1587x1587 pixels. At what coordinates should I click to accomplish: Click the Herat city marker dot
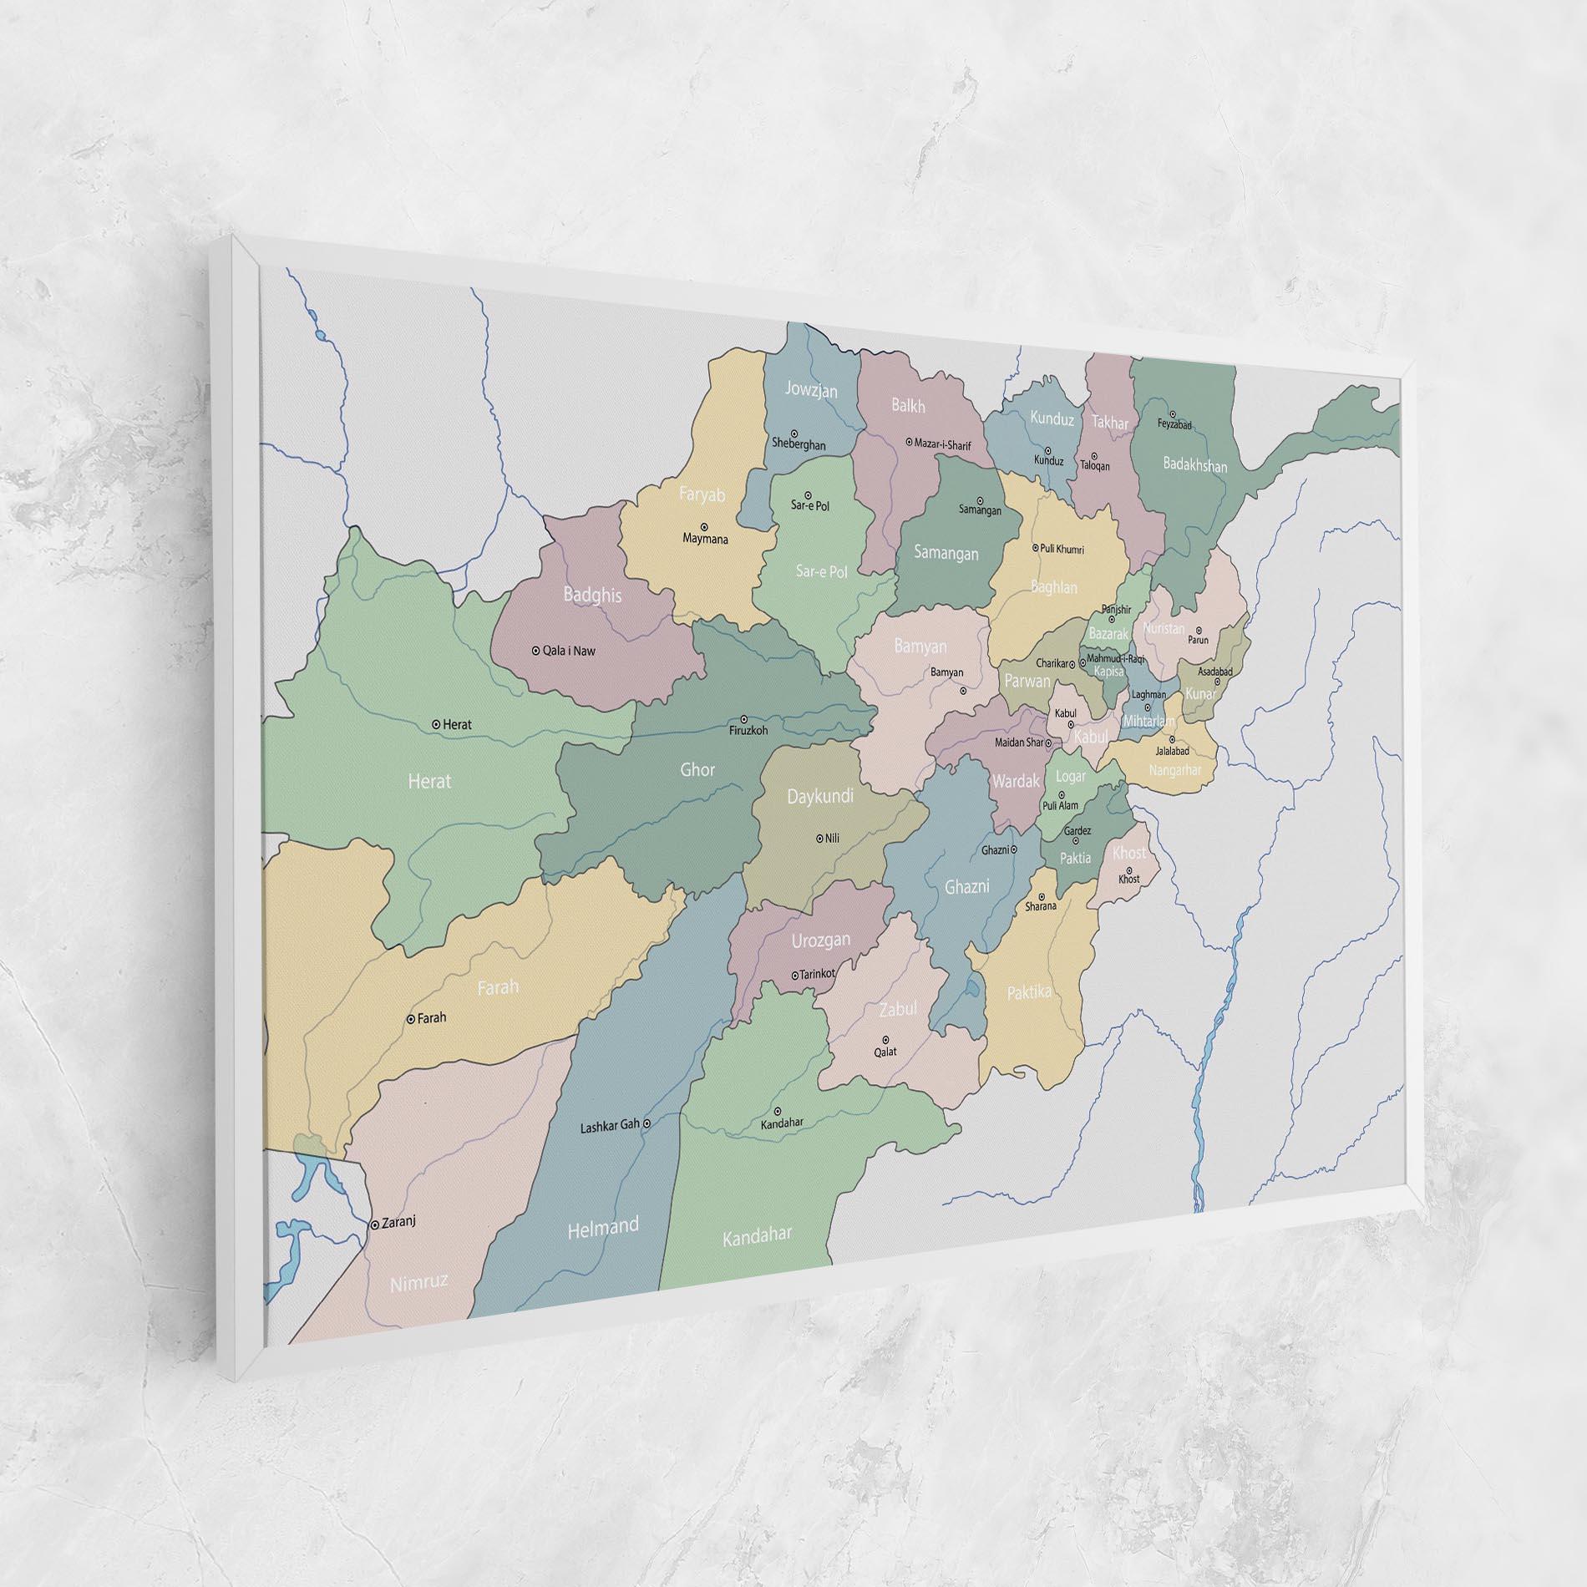pyautogui.click(x=436, y=724)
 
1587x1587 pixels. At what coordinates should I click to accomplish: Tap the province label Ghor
pyautogui.click(x=697, y=769)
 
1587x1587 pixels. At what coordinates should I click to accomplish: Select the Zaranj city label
pyautogui.click(x=398, y=1222)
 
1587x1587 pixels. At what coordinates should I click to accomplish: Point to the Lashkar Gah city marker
pyautogui.click(x=646, y=1123)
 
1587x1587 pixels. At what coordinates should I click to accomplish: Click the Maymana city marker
pyautogui.click(x=704, y=526)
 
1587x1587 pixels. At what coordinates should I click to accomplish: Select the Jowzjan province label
pyautogui.click(x=811, y=390)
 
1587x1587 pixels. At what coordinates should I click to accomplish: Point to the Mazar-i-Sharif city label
pyautogui.click(x=943, y=445)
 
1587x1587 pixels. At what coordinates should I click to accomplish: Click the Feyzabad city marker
pyautogui.click(x=1173, y=414)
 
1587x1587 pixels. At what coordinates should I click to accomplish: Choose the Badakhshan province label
pyautogui.click(x=1195, y=465)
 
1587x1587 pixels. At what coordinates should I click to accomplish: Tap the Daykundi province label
pyautogui.click(x=820, y=797)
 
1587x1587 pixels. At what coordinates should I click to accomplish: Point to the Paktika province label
pyautogui.click(x=1029, y=992)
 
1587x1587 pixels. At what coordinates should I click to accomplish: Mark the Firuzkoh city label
pyautogui.click(x=748, y=730)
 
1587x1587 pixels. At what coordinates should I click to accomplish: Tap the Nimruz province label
pyautogui.click(x=419, y=1282)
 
